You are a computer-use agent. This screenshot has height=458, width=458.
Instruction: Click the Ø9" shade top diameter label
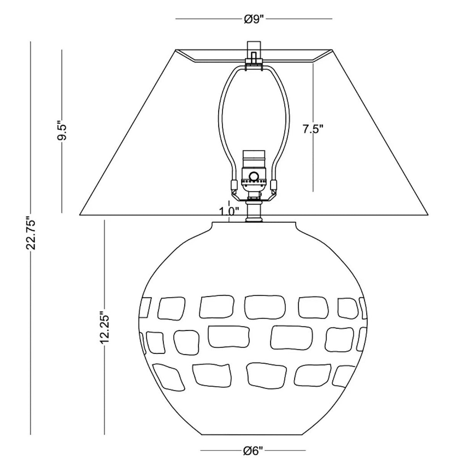pyautogui.click(x=254, y=19)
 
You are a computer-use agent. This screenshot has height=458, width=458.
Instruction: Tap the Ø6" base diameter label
pyautogui.click(x=253, y=451)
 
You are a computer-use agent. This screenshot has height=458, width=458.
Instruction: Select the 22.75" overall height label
pyautogui.click(x=31, y=233)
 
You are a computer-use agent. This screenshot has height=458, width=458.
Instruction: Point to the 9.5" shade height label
pyautogui.click(x=62, y=130)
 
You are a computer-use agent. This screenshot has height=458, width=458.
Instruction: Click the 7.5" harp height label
pyautogui.click(x=313, y=129)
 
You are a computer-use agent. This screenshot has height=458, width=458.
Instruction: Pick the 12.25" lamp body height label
pyautogui.click(x=104, y=327)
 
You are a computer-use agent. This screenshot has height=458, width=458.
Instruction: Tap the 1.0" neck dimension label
pyautogui.click(x=229, y=211)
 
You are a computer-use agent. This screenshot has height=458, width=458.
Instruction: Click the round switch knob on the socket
pyautogui.click(x=254, y=176)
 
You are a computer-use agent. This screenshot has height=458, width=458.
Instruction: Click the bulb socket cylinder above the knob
pyautogui.click(x=254, y=160)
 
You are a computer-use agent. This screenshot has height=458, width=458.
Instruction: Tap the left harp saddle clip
pyautogui.click(x=233, y=185)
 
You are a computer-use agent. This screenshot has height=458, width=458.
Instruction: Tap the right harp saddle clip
pyautogui.click(x=274, y=185)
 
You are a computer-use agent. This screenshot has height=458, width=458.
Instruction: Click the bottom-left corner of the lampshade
pyautogui.click(x=80, y=215)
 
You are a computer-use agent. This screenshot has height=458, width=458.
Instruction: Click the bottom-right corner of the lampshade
pyautogui.click(x=428, y=215)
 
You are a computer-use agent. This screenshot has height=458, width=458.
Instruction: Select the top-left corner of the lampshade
pyautogui.click(x=175, y=50)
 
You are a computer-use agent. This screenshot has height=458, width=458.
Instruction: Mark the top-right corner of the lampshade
pyautogui.click(x=332, y=50)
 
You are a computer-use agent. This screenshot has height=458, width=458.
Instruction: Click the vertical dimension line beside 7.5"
pyautogui.click(x=313, y=127)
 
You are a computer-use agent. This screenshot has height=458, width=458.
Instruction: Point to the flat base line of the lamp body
pyautogui.click(x=254, y=435)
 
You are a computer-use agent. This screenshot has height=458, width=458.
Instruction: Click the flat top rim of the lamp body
pyautogui.click(x=254, y=223)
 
